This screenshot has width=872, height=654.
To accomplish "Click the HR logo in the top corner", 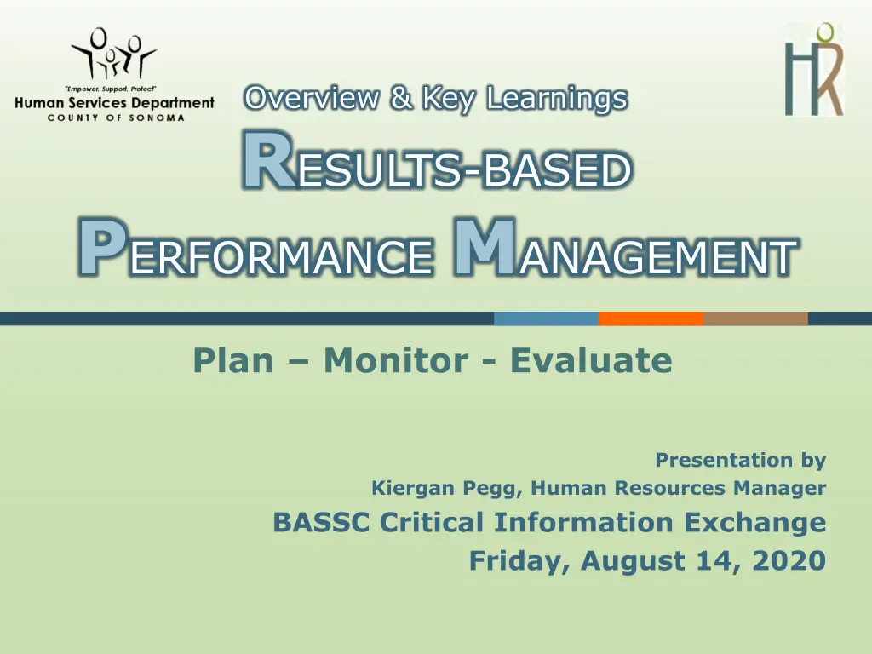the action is pyautogui.click(x=813, y=70).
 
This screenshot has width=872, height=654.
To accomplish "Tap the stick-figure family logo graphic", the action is pyautogui.click(x=114, y=54).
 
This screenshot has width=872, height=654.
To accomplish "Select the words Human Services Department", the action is pyautogui.click(x=115, y=103).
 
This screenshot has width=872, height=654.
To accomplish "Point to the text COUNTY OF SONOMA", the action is pyautogui.click(x=116, y=118).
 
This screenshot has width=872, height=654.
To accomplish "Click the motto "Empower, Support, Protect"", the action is pyautogui.click(x=111, y=89).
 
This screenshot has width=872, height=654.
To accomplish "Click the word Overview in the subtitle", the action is pyautogui.click(x=312, y=98).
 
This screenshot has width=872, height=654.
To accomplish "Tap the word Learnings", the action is pyautogui.click(x=557, y=99).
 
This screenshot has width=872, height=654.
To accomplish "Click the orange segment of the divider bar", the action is pyautogui.click(x=651, y=318).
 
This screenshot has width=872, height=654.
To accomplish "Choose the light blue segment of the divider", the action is pyautogui.click(x=546, y=318).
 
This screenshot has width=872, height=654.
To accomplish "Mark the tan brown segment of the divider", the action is pyautogui.click(x=756, y=318).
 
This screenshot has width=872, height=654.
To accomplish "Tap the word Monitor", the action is pyautogui.click(x=396, y=360).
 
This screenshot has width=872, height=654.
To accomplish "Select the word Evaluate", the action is pyautogui.click(x=591, y=360).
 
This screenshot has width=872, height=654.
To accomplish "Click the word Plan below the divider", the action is pyautogui.click(x=233, y=360).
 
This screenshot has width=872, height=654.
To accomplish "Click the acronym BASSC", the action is pyautogui.click(x=321, y=522).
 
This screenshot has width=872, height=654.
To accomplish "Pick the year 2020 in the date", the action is pyautogui.click(x=789, y=560).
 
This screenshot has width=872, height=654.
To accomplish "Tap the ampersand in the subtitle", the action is pyautogui.click(x=402, y=97).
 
